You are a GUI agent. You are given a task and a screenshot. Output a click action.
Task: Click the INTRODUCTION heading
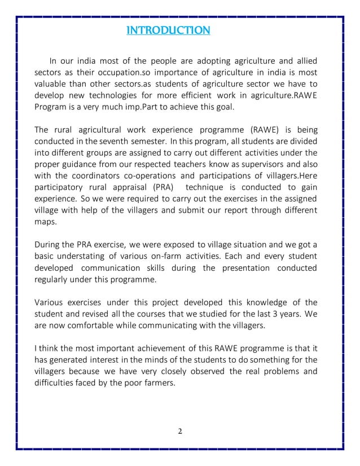pyautogui.click(x=169, y=29)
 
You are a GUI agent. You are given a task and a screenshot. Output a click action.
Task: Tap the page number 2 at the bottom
pyautogui.click(x=179, y=432)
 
